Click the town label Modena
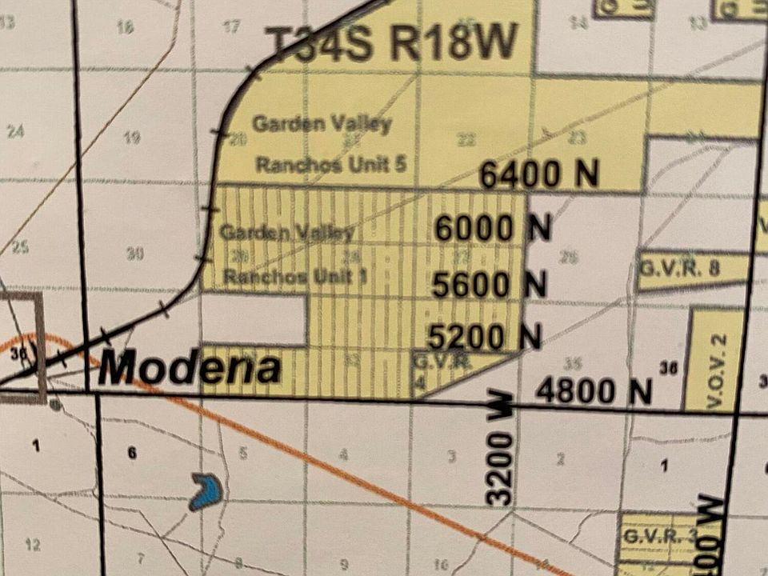click(190, 369)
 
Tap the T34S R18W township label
click(390, 42)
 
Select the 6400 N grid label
click(539, 175)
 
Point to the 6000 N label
click(493, 229)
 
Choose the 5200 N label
click(484, 336)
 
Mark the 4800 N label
click(594, 391)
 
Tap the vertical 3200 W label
click(501, 448)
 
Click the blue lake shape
click(206, 491)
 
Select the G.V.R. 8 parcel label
click(678, 269)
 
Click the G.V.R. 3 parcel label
click(660, 534)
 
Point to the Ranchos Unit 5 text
click(331, 165)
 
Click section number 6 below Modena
click(132, 453)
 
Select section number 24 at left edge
click(15, 131)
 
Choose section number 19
click(132, 137)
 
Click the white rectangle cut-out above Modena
click(254, 319)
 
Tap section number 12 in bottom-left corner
click(32, 545)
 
